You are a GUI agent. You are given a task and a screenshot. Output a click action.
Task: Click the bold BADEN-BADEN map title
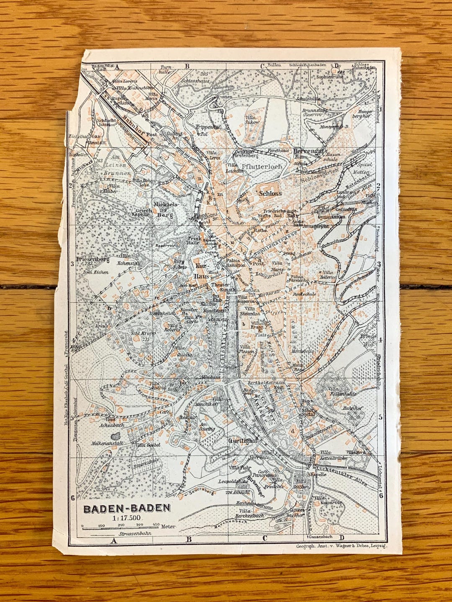tap(127, 508)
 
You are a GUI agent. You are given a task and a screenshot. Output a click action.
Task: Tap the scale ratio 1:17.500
tap(127, 517)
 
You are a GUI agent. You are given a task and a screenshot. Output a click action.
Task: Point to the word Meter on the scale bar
tap(168, 526)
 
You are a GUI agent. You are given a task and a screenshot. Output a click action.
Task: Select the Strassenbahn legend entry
tap(135, 534)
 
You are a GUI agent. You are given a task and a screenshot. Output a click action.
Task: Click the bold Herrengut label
tap(309, 151)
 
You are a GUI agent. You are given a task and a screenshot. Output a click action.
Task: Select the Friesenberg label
tap(92, 259)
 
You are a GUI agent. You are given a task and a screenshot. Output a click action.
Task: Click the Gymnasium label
tap(331, 217)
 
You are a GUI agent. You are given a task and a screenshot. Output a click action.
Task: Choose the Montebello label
tap(303, 352)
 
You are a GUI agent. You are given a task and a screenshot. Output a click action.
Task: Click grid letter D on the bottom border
tap(342, 538)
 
